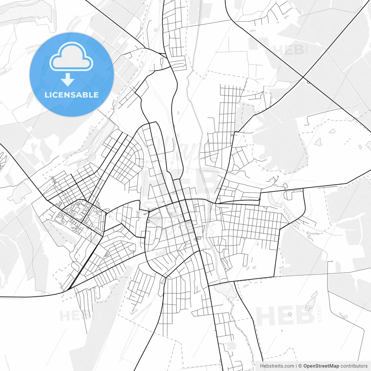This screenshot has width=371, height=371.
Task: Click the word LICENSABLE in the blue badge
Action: click(72, 95)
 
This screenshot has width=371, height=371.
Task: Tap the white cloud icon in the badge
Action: click(71, 57)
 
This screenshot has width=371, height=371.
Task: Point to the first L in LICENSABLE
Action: click(47, 95)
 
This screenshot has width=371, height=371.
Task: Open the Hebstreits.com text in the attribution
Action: click(277, 366)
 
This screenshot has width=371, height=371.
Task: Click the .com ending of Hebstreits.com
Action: click(289, 366)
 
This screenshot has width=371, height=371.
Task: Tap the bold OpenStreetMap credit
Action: click(321, 366)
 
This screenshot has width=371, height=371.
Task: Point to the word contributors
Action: click(354, 366)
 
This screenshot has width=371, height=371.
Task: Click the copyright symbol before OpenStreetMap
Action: click(300, 366)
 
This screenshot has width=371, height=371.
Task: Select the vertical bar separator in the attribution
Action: click(296, 366)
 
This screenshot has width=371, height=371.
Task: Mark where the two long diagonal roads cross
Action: click(303, 77)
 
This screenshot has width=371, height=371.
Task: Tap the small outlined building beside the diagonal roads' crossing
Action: click(309, 82)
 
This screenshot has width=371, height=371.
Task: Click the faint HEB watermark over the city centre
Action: click(180, 181)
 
